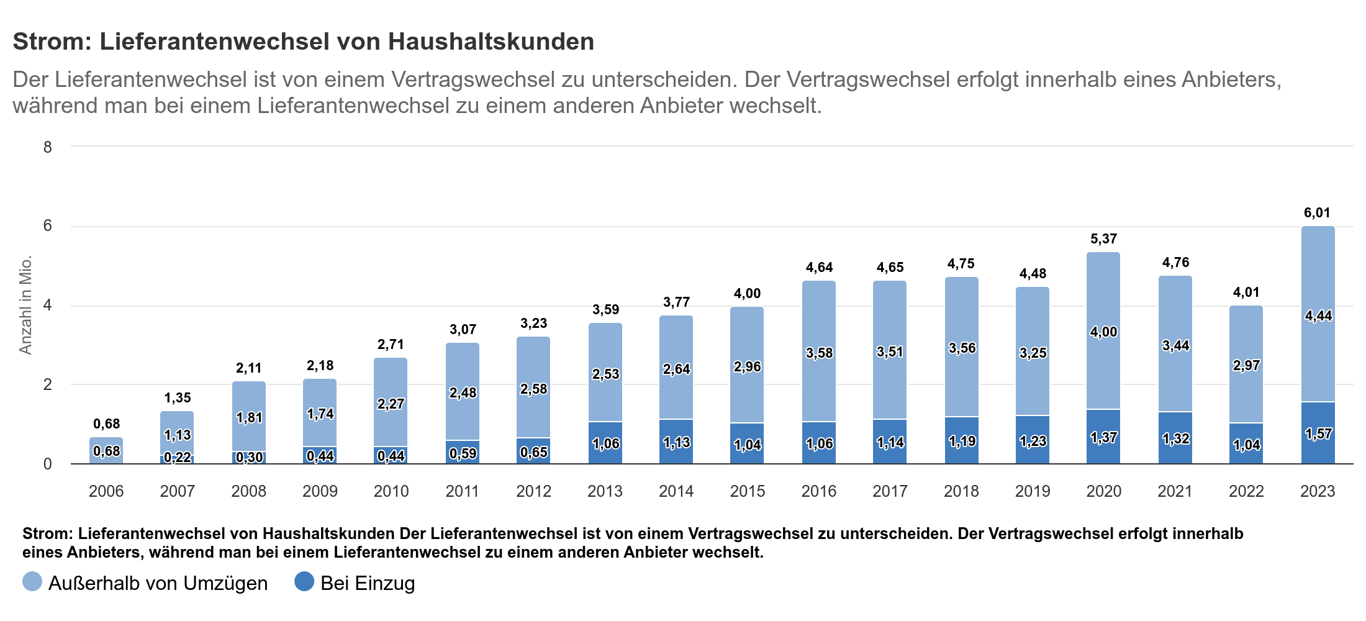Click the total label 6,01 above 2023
1317,213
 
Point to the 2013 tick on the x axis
605,491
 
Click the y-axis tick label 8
48,147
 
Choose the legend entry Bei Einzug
368,583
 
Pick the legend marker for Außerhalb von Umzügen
32,582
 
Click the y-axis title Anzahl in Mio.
25,305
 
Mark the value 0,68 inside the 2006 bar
106,451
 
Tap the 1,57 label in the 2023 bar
1318,434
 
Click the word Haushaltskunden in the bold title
491,42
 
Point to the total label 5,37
1103,239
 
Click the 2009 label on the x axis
320,491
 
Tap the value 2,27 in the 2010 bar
391,404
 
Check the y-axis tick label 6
48,226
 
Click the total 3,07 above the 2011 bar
463,330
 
